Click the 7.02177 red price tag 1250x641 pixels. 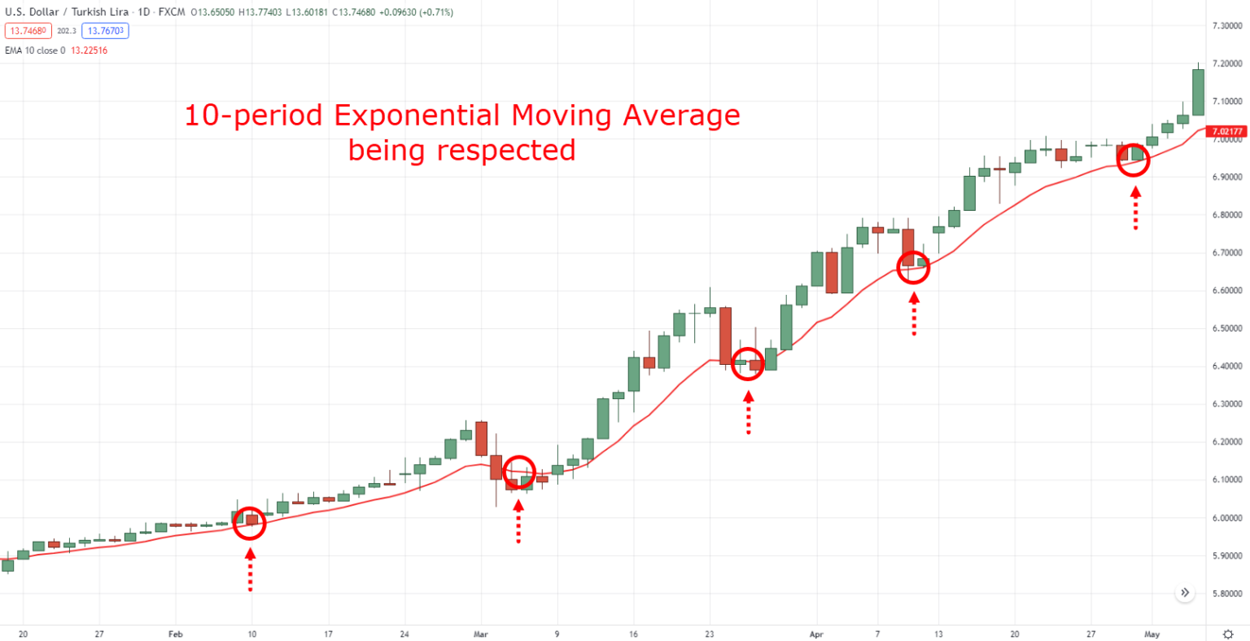coord(1226,131)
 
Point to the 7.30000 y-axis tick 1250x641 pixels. coord(1226,26)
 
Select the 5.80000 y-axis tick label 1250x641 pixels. coord(1226,594)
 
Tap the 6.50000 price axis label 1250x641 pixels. coord(1226,329)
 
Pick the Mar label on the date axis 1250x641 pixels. coord(480,633)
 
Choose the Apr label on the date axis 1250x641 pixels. coord(816,633)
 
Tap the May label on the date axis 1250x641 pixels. coord(1152,633)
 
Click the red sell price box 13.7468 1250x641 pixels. coord(28,31)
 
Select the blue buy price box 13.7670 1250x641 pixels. coord(105,31)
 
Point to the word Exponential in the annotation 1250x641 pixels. coord(417,116)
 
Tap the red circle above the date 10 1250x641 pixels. coord(250,523)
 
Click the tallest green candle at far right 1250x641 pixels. coord(1198,91)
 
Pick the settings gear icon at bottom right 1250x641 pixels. coord(1228,633)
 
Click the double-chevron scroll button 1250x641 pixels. coord(1185,592)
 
